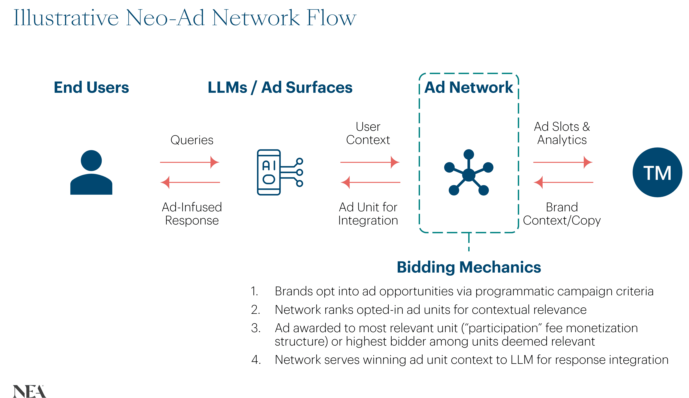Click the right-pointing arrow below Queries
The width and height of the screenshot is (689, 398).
190,162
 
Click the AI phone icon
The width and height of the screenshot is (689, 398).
280,172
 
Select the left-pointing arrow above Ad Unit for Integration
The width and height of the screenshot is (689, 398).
370,182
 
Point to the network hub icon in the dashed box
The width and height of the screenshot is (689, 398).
469,173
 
